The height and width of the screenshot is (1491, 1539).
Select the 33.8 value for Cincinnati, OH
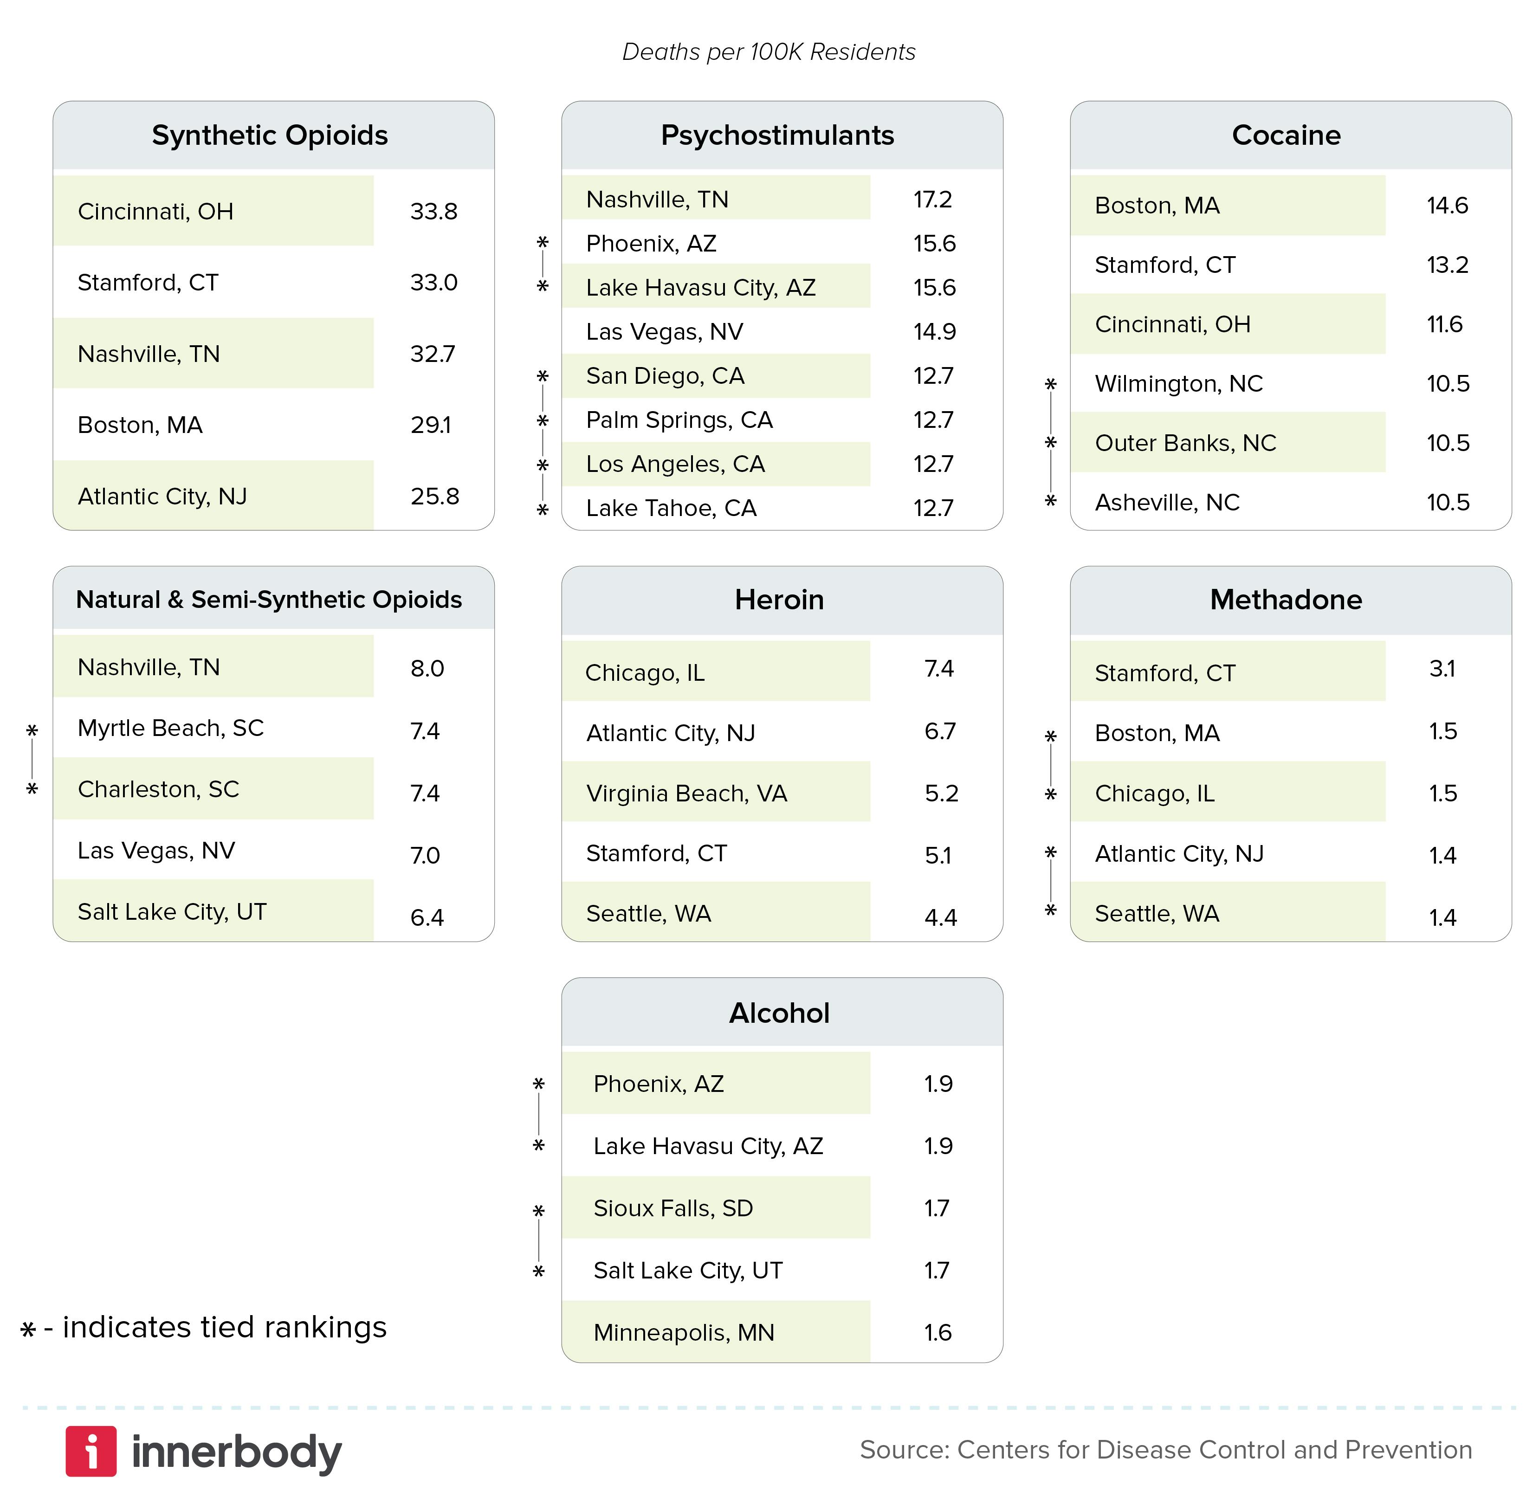pos(433,211)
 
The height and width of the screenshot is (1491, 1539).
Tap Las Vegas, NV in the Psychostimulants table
pos(664,331)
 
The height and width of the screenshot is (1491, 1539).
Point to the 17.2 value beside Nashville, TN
pos(932,200)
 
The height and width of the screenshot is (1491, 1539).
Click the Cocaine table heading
pos(1286,135)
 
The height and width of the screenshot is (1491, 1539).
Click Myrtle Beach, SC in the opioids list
pos(170,728)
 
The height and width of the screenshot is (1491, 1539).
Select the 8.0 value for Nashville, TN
pos(427,668)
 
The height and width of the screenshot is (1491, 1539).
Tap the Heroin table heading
pos(779,600)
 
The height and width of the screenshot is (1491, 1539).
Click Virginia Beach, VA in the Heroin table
pos(686,793)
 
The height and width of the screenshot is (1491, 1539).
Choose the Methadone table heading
pos(1286,600)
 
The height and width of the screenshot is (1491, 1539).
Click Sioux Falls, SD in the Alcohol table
pos(673,1207)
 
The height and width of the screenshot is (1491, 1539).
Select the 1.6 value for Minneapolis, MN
pos(938,1332)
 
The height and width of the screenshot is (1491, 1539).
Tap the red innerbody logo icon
pos(91,1451)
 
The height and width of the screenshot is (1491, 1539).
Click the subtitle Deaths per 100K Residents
pos(769,52)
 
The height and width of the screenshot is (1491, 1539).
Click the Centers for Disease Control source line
pos(1165,1449)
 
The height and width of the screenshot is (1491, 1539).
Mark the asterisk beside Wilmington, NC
pos(1051,384)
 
